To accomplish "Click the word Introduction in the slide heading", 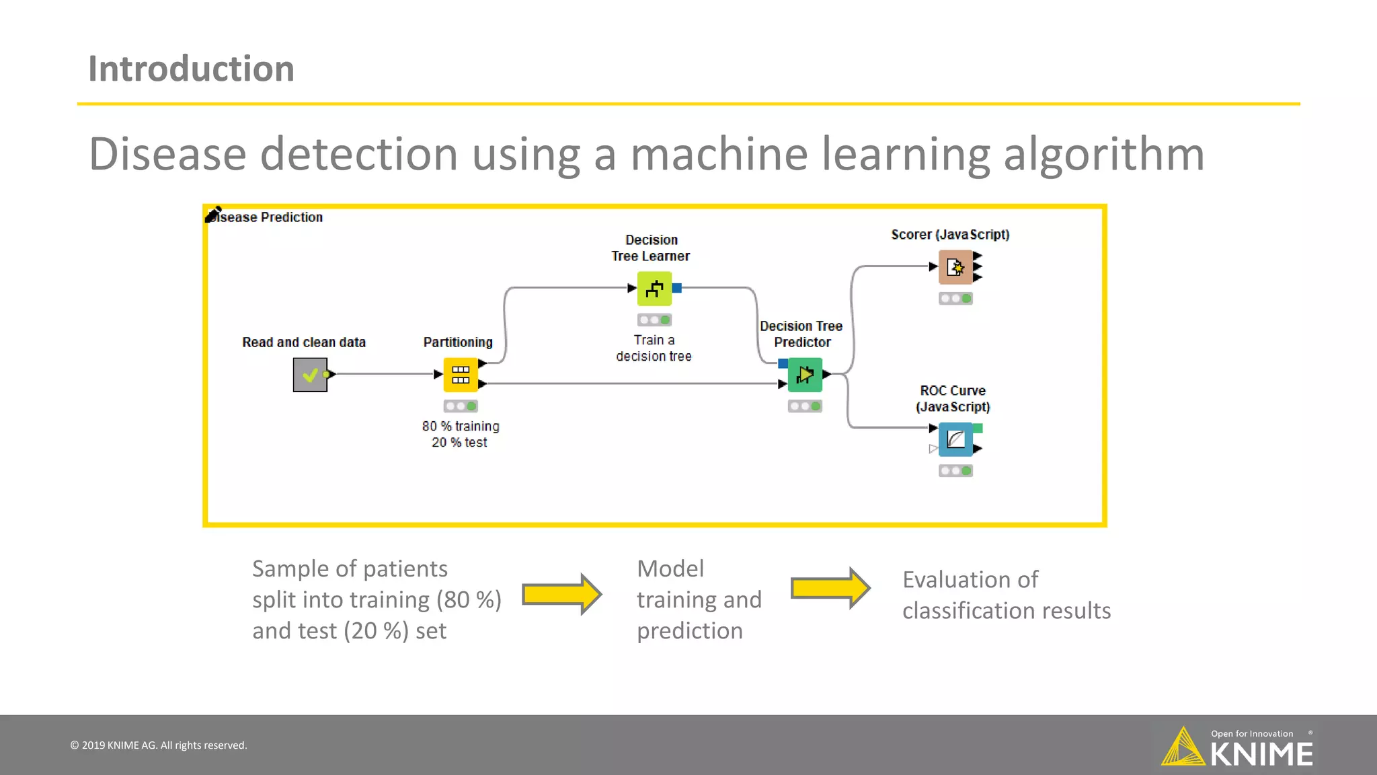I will (x=191, y=69).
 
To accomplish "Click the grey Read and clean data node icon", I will (x=310, y=375).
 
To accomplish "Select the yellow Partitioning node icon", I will (x=461, y=375).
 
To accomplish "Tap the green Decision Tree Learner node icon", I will (x=654, y=289).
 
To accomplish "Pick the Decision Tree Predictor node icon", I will (x=805, y=375).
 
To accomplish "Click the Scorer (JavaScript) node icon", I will (x=955, y=267).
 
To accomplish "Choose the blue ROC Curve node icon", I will (x=955, y=439).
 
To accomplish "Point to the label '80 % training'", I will (x=461, y=426).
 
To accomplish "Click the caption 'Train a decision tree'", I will (x=654, y=348).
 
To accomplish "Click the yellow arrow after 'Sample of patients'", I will (x=561, y=594).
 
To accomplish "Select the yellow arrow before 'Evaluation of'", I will (x=830, y=588).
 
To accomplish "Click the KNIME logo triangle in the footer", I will (x=1183, y=747).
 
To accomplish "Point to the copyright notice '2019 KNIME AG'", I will (x=159, y=745).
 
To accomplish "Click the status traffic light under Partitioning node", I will (x=461, y=406).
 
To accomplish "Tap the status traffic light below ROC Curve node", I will (x=955, y=471).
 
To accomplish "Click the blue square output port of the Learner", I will (x=677, y=288).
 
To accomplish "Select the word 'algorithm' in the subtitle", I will (x=1103, y=155).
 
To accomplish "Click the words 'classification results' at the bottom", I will (x=1006, y=611).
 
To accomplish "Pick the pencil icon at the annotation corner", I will (x=214, y=214).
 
